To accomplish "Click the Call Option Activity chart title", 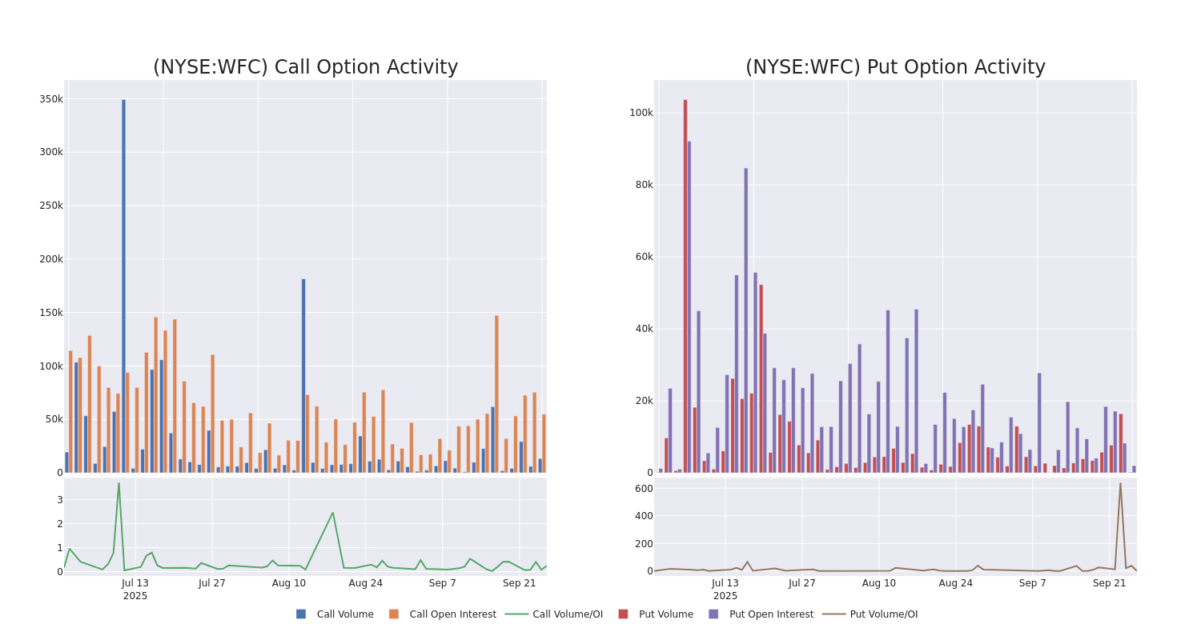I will tap(305, 67).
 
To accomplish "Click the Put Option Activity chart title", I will tap(895, 67).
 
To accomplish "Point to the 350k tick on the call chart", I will tap(51, 99).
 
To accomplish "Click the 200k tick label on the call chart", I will tap(51, 259).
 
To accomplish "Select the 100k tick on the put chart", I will tap(641, 113).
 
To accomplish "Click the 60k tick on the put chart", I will tap(644, 257).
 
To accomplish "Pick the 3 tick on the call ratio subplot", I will tap(59, 500).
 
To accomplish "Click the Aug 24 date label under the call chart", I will tap(365, 583).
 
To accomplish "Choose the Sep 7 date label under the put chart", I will tap(1032, 583).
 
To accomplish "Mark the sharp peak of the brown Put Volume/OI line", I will tap(1120, 483).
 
